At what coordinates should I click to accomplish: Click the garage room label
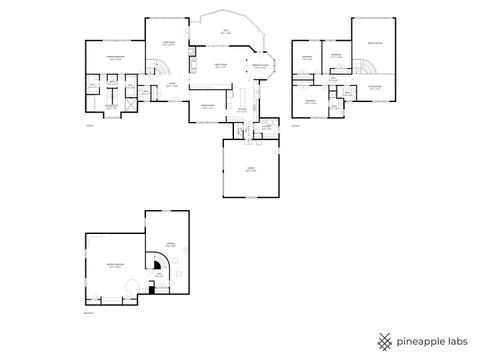[x=250, y=169]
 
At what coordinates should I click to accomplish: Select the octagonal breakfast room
[x=259, y=67]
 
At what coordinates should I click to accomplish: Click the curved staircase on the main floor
[x=158, y=67]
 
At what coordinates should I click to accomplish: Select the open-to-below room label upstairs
[x=374, y=44]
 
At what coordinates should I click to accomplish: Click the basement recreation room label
[x=115, y=264]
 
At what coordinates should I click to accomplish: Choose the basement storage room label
[x=170, y=244]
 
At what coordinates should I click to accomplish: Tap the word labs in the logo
[x=456, y=340]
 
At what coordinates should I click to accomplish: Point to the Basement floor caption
[x=87, y=312]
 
